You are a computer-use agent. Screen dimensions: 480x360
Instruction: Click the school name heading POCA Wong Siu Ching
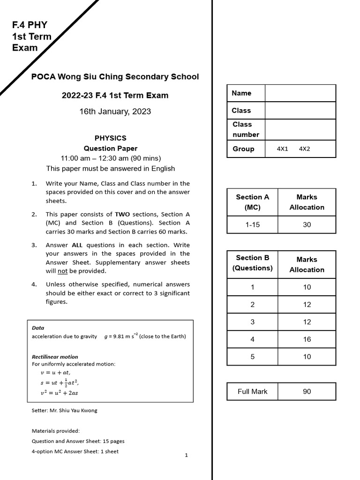point(115,77)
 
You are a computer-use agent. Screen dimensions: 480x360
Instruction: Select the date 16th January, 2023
point(115,111)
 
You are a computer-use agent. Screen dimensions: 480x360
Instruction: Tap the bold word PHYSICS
point(110,138)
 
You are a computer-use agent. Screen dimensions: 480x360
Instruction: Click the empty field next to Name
point(300,93)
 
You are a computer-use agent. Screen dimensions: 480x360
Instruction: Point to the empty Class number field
point(300,129)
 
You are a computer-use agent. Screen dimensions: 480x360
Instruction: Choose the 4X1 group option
point(283,149)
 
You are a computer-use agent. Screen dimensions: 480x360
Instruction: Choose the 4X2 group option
point(304,149)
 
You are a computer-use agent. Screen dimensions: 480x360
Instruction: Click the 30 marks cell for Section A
point(307,225)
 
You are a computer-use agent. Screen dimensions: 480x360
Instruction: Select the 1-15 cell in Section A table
point(252,225)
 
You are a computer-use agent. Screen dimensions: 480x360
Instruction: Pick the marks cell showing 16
point(307,339)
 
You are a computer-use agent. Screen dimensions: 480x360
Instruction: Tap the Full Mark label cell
point(252,391)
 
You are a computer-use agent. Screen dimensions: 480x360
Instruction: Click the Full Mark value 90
point(307,391)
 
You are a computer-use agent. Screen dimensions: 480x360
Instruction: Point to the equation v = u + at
point(56,373)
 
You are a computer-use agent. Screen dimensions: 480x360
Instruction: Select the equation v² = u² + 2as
point(60,393)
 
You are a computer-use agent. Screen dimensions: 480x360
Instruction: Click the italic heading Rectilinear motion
point(55,357)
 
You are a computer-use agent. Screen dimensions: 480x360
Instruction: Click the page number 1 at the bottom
point(186,455)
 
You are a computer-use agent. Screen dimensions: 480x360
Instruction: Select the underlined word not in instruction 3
point(62,271)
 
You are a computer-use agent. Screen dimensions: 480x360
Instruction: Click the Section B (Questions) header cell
point(252,263)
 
